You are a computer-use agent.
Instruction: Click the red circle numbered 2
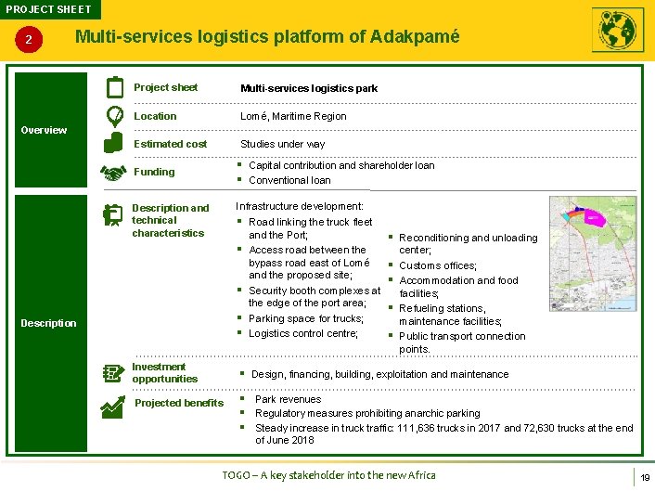(x=30, y=40)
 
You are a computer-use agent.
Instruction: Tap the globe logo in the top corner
(x=617, y=31)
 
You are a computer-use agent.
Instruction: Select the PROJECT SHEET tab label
(x=48, y=9)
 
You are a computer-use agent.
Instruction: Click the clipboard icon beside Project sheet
(x=115, y=88)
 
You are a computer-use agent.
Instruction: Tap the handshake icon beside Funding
(x=113, y=174)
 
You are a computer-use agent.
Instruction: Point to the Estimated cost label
(x=171, y=144)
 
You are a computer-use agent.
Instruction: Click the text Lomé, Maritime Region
(x=293, y=116)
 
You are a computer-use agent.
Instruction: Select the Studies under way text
(x=282, y=144)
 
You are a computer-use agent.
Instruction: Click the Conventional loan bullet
(x=289, y=180)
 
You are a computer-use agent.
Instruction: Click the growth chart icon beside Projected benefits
(x=114, y=405)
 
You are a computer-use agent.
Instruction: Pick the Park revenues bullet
(x=288, y=399)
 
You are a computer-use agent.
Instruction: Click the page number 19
(x=643, y=476)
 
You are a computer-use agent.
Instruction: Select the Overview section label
(x=44, y=130)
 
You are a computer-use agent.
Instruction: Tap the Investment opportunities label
(x=164, y=372)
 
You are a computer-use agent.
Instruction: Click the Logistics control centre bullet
(x=302, y=333)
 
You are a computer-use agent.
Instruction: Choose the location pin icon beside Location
(x=114, y=116)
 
